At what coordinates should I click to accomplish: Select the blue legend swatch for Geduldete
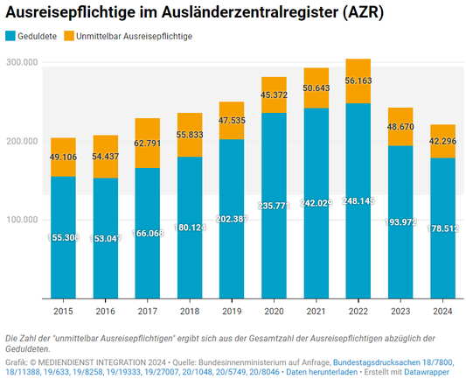tap(10, 36)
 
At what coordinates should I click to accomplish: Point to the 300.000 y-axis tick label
tap(21, 63)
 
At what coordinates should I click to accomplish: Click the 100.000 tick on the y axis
tap(21, 219)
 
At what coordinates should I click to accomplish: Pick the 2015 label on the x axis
tap(62, 311)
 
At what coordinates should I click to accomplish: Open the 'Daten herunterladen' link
tap(324, 371)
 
